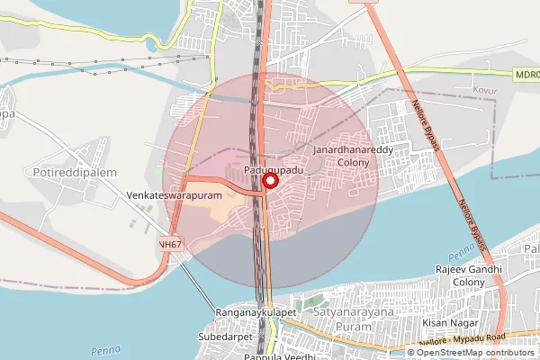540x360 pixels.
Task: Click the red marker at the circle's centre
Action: click(x=268, y=181)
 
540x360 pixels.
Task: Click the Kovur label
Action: click(x=485, y=91)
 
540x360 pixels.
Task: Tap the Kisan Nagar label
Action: click(x=447, y=322)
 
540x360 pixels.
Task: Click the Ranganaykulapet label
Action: click(x=256, y=311)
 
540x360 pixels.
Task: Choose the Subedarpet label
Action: click(x=223, y=337)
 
